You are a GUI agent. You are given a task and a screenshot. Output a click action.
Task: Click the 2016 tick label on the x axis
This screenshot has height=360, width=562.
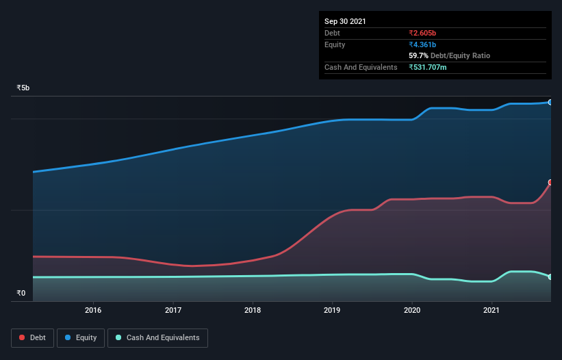(x=93, y=310)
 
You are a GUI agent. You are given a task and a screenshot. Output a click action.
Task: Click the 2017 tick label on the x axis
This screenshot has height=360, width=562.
(x=173, y=310)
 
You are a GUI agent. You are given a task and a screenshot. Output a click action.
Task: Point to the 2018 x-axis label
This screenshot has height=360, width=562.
(x=253, y=310)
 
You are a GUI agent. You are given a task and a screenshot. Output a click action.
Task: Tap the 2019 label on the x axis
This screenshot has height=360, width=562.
(x=332, y=310)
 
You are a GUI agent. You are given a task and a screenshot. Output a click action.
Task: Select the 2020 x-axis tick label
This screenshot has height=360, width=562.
(x=411, y=310)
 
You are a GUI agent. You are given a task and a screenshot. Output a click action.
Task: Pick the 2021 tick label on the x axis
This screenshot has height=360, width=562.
(x=491, y=310)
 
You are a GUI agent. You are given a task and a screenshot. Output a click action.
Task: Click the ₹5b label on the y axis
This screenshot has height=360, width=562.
(x=23, y=88)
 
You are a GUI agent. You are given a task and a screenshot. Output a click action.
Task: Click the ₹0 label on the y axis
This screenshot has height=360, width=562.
(x=21, y=294)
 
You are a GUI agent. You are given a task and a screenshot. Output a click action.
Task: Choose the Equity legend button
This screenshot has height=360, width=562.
(x=81, y=337)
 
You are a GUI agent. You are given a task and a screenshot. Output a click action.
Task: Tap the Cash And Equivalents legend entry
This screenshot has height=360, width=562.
(x=157, y=337)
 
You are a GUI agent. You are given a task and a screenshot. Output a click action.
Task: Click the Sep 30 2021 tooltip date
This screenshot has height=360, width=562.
(x=345, y=21)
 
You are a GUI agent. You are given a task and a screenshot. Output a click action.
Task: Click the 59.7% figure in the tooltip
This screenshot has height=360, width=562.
(x=418, y=55)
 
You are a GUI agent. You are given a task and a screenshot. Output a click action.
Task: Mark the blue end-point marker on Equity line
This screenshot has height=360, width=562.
(x=550, y=102)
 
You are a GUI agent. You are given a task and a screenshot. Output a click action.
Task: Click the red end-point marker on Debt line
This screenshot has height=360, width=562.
(x=550, y=183)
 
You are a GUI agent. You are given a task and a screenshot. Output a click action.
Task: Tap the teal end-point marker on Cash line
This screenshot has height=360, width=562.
(x=550, y=277)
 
